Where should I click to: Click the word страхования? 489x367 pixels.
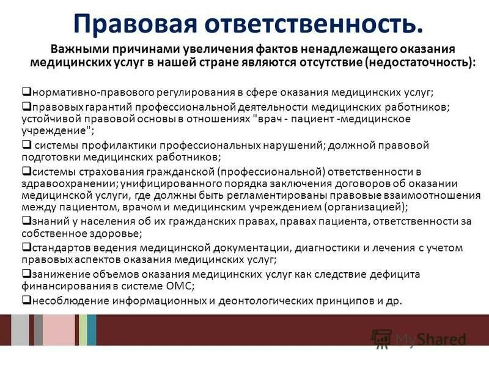coord(97,172)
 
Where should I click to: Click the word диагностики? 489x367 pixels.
coord(329,248)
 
